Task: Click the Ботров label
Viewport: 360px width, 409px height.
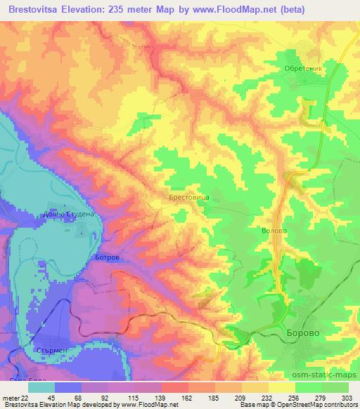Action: tap(106, 258)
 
